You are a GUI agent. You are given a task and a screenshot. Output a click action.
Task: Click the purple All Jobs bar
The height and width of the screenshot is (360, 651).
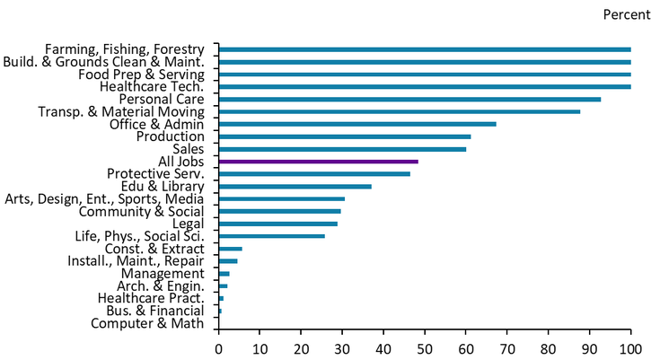(x=318, y=162)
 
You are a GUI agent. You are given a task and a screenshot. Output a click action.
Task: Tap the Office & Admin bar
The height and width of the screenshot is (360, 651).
(x=356, y=124)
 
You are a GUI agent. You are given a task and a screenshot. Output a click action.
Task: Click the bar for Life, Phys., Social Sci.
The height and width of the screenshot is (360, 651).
(x=271, y=236)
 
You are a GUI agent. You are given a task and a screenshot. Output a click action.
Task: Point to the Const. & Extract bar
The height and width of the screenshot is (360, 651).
(x=230, y=249)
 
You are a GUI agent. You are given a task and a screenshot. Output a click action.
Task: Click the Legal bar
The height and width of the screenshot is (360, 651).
(x=277, y=224)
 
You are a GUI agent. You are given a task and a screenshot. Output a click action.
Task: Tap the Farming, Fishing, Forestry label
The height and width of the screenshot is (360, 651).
(x=125, y=48)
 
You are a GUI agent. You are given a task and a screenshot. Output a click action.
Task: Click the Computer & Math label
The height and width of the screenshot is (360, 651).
(x=147, y=324)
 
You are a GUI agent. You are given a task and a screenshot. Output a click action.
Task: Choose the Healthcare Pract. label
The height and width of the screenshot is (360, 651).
(x=151, y=298)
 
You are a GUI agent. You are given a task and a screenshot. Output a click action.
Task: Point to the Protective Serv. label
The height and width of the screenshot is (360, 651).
(x=155, y=173)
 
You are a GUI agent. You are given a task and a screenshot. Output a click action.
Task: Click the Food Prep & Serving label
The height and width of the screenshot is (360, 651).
(x=141, y=74)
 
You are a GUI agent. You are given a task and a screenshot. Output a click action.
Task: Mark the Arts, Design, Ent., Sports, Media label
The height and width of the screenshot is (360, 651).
(x=104, y=198)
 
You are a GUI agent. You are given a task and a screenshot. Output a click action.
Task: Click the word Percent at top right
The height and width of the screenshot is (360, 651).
(x=626, y=15)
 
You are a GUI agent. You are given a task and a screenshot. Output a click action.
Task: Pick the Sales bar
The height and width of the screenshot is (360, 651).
(x=342, y=149)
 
